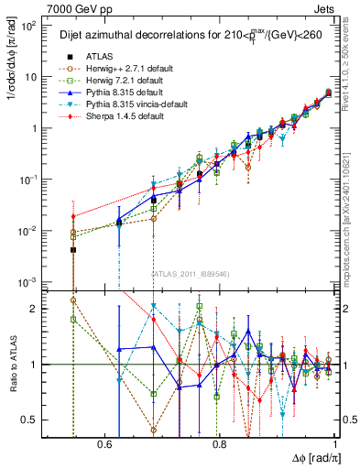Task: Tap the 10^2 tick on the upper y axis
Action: (27, 26)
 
